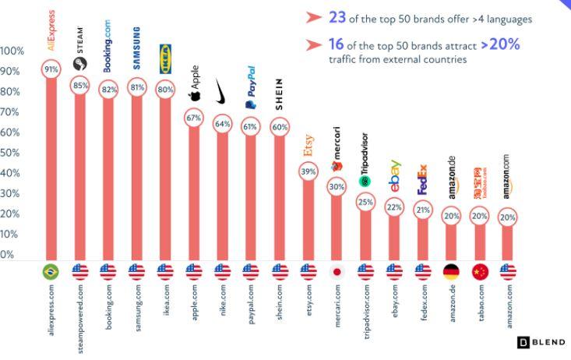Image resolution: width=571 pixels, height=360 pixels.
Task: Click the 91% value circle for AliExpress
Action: point(51,70)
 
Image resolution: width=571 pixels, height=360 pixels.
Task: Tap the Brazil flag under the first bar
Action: point(51,272)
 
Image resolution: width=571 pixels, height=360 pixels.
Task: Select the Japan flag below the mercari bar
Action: point(337,272)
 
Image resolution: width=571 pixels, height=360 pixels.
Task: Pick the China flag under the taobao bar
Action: point(481,272)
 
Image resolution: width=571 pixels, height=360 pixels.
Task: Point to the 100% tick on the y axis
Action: point(12,51)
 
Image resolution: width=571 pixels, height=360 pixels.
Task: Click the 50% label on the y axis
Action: point(10,153)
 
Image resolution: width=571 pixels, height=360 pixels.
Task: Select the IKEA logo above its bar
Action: point(165,58)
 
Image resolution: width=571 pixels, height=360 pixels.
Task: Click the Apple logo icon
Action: point(195,97)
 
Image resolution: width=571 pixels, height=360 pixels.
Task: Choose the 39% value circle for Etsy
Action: point(308,171)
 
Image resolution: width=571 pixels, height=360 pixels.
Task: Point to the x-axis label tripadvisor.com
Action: point(366,309)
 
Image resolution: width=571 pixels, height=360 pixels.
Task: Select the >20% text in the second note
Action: point(500,44)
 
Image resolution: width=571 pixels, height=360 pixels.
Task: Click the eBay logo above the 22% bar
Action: point(395,177)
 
